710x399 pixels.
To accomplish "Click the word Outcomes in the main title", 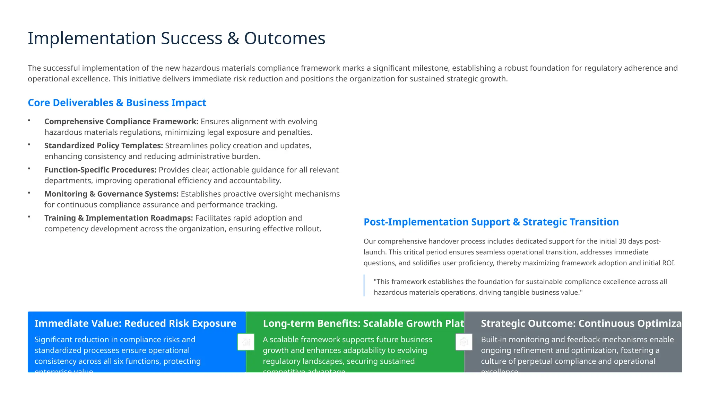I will pos(285,38).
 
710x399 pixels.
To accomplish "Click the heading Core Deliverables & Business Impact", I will pos(117,103).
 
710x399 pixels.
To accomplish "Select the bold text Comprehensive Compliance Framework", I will pos(121,122).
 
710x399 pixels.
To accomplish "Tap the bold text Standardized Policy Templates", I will pos(103,145).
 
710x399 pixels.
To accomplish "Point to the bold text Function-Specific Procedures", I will pos(100,170).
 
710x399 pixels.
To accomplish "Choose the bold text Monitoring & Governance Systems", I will pos(111,194).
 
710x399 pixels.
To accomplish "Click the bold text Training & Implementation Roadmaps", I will pos(118,218).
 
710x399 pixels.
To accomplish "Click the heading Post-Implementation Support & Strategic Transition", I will pos(491,222).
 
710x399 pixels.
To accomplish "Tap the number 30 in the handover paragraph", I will pos(622,241).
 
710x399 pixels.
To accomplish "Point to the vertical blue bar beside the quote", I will pos(364,285).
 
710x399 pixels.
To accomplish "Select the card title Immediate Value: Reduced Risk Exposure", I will pos(135,323).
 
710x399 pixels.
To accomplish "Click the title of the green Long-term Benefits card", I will pos(363,323).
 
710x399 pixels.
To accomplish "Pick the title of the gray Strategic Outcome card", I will pos(581,323).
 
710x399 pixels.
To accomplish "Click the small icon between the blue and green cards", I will pos(246,342).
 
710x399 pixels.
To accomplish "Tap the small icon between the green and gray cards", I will pos(464,342).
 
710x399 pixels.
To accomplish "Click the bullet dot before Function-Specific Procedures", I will pos(29,169).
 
